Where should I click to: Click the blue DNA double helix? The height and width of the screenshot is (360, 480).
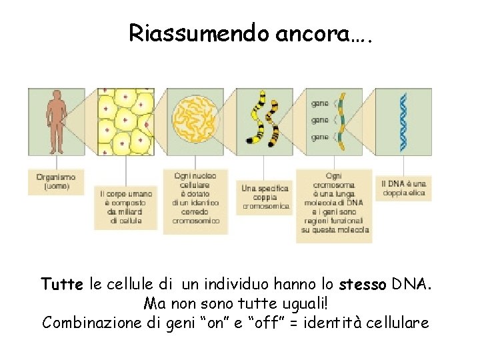coord(403,121)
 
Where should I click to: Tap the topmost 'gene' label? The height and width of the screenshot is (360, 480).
coord(320,103)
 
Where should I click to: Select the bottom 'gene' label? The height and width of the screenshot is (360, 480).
coord(320,137)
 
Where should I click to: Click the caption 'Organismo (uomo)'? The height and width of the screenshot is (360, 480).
coord(56,181)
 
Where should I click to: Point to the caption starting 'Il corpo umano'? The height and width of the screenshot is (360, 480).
coord(126,207)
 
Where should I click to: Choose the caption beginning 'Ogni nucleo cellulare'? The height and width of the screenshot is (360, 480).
coord(196,198)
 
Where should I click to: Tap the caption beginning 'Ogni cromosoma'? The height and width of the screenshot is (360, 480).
coord(334,202)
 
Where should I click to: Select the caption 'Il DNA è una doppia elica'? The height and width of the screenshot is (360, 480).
coord(403,188)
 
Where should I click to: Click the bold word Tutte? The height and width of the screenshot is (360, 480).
coord(62,285)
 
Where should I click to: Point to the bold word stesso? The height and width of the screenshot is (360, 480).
coord(362,285)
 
